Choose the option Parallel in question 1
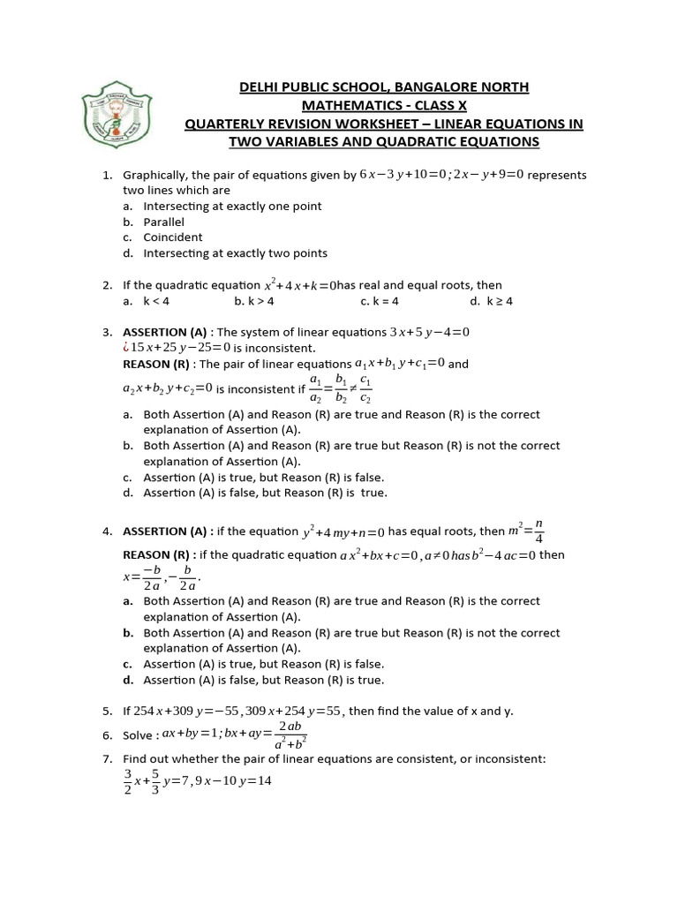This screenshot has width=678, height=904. point(164,222)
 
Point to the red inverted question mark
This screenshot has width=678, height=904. point(126,348)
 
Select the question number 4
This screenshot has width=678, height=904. point(107,532)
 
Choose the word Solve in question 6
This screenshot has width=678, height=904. point(139,735)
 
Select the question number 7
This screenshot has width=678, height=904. point(107,759)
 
